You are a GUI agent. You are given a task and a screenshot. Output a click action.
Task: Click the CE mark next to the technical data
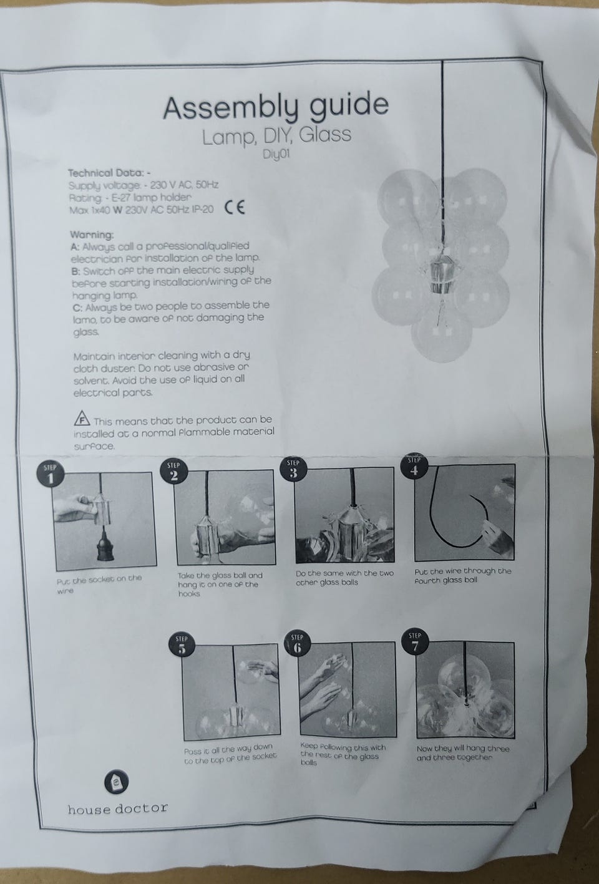[235, 207]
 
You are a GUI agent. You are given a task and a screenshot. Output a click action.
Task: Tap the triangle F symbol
[82, 419]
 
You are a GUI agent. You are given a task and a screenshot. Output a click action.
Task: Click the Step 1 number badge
[51, 474]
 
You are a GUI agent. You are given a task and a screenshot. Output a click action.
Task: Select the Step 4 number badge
[414, 466]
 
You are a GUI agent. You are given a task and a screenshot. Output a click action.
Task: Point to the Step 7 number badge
[415, 641]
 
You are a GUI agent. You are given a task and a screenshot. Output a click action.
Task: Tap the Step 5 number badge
[182, 644]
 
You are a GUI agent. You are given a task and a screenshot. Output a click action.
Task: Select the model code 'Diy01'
[276, 154]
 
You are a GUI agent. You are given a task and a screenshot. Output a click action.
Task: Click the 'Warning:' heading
[92, 235]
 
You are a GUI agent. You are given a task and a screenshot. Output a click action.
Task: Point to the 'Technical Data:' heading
[107, 173]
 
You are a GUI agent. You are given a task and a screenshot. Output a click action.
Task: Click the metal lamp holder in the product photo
[441, 274]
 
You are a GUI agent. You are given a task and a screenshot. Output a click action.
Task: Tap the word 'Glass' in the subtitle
[324, 135]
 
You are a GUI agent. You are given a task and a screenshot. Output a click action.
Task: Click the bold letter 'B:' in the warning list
[77, 271]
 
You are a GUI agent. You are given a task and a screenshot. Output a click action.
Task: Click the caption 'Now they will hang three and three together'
[463, 752]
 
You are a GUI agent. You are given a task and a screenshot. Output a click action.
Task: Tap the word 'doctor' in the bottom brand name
[142, 808]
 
